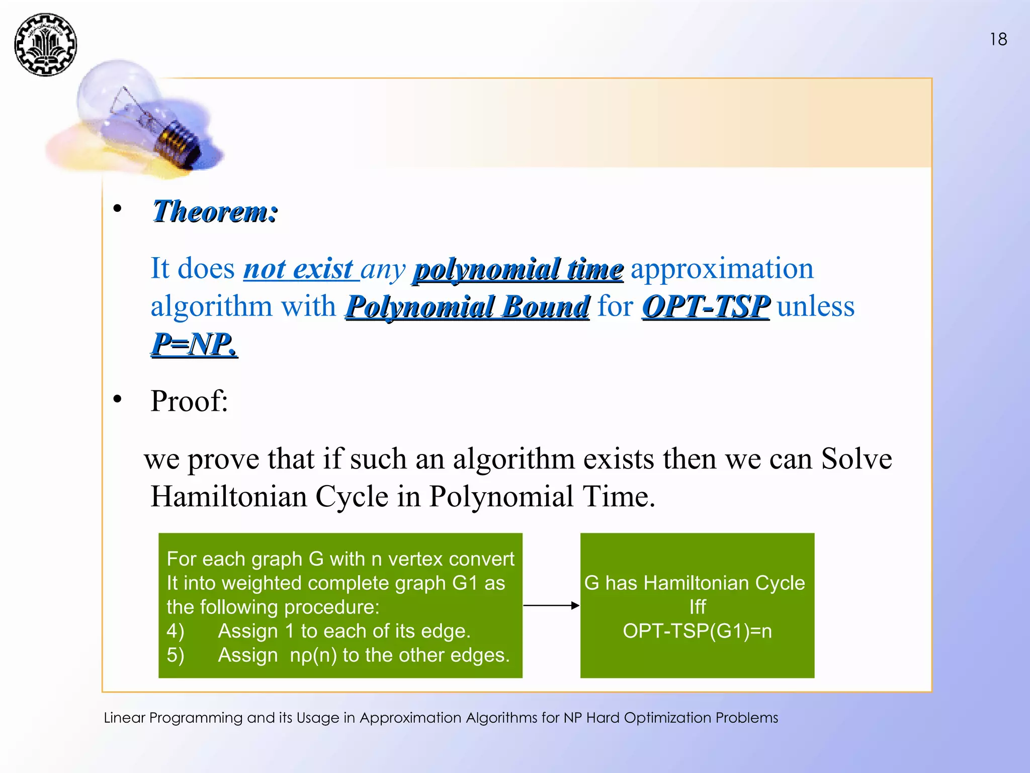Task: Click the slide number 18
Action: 998,39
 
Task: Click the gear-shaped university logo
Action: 45,45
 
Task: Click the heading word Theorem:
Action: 215,211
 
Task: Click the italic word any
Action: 383,269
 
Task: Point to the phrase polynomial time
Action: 518,269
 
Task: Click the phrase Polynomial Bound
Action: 467,306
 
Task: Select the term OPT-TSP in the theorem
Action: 705,306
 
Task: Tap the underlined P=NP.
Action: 194,344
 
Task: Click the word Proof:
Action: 189,401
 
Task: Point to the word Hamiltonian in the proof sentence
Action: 229,496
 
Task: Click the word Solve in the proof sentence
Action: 856,458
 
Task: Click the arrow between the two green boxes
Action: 551,605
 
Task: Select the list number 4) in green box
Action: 175,631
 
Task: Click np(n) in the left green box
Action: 313,655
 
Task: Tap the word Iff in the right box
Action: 697,607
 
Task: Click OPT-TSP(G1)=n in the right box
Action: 697,631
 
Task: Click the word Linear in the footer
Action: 124,718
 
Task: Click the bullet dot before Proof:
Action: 117,400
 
